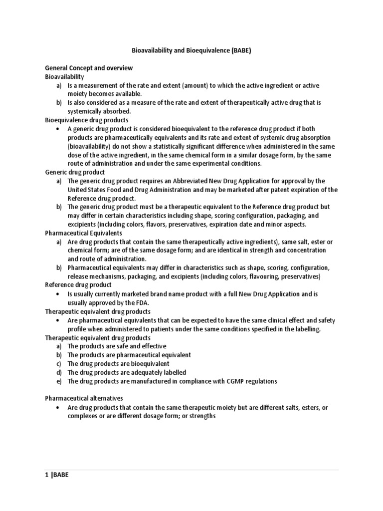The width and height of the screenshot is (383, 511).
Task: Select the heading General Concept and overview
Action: click(89, 68)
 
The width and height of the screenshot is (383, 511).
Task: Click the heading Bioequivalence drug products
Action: click(87, 120)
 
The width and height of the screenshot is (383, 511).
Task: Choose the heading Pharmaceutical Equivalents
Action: click(83, 233)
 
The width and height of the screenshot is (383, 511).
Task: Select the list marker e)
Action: click(59, 381)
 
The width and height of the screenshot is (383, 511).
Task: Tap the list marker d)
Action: click(59, 372)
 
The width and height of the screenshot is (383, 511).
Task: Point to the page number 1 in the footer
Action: click(46, 475)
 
